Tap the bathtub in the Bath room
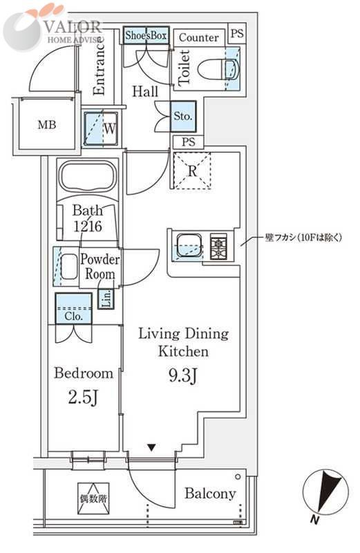(x=88, y=177)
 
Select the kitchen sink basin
(x=187, y=245)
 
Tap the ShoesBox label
(x=146, y=35)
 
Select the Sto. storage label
(x=182, y=116)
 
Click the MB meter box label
(x=47, y=125)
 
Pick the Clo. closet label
(x=74, y=316)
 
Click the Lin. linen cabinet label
(x=106, y=299)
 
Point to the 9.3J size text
(x=183, y=377)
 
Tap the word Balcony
(x=210, y=494)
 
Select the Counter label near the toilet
(x=200, y=38)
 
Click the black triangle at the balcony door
(x=151, y=448)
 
